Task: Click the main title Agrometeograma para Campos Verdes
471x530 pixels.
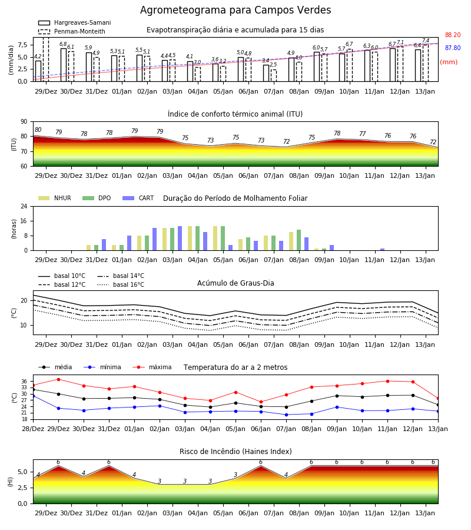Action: (x=235, y=10)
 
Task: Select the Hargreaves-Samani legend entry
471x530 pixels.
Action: (x=75, y=22)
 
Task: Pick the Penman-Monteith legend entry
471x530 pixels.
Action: (x=72, y=31)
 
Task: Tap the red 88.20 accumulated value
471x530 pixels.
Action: (x=453, y=35)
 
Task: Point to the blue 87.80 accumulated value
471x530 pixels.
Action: (x=453, y=48)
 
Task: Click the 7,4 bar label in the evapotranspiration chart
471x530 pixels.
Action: (x=426, y=41)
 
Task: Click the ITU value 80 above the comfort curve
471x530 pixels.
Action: (x=38, y=130)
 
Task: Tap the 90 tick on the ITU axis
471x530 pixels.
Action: (x=24, y=122)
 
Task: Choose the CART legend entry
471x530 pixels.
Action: (x=138, y=198)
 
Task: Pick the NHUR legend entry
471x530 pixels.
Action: (x=55, y=198)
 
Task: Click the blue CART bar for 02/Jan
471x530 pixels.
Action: (x=154, y=239)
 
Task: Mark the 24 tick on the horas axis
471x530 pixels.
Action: (x=24, y=207)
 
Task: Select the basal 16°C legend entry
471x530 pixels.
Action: (x=121, y=284)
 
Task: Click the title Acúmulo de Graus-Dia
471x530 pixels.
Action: (x=235, y=283)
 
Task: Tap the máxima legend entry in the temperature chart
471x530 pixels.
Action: (x=152, y=367)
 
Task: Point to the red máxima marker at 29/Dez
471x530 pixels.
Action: (x=58, y=379)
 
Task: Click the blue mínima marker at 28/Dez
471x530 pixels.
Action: (x=33, y=396)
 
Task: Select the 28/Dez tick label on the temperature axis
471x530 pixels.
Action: (x=33, y=429)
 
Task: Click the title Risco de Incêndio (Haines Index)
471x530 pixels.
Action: (x=235, y=452)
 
